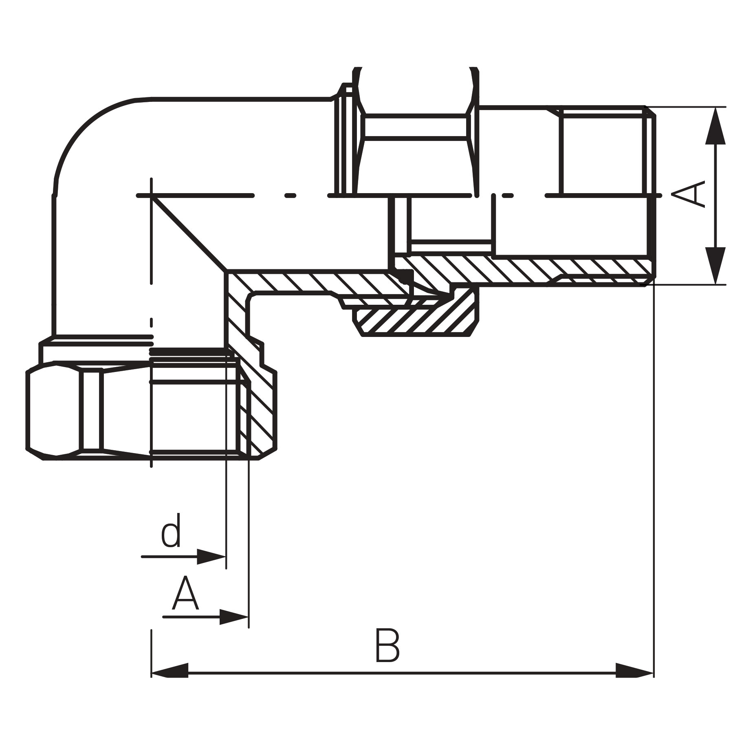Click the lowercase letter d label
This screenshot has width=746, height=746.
(171, 530)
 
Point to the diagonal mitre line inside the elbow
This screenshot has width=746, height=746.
(188, 233)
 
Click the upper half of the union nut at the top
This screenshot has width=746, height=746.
(416, 126)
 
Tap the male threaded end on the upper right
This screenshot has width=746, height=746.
(603, 151)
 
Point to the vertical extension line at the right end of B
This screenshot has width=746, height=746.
(654, 489)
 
